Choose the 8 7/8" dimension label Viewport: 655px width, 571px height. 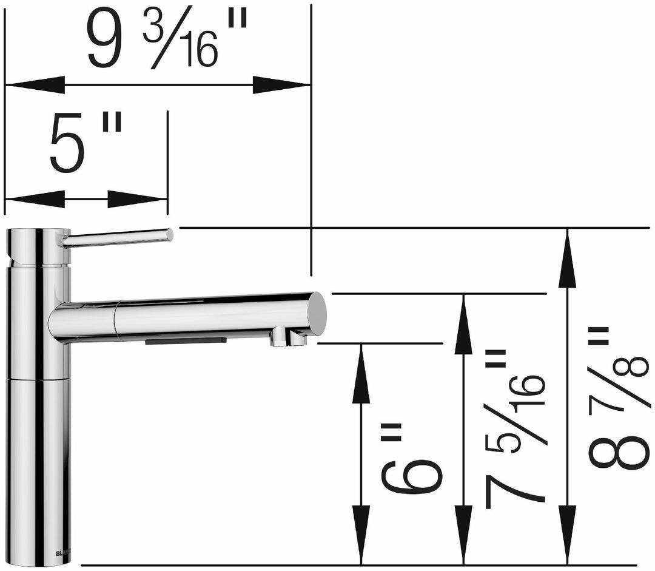pyautogui.click(x=619, y=400)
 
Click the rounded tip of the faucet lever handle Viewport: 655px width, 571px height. pyautogui.click(x=169, y=234)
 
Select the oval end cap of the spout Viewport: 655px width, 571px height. pyautogui.click(x=317, y=313)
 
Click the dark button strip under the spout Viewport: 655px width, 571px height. pyautogui.click(x=185, y=341)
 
